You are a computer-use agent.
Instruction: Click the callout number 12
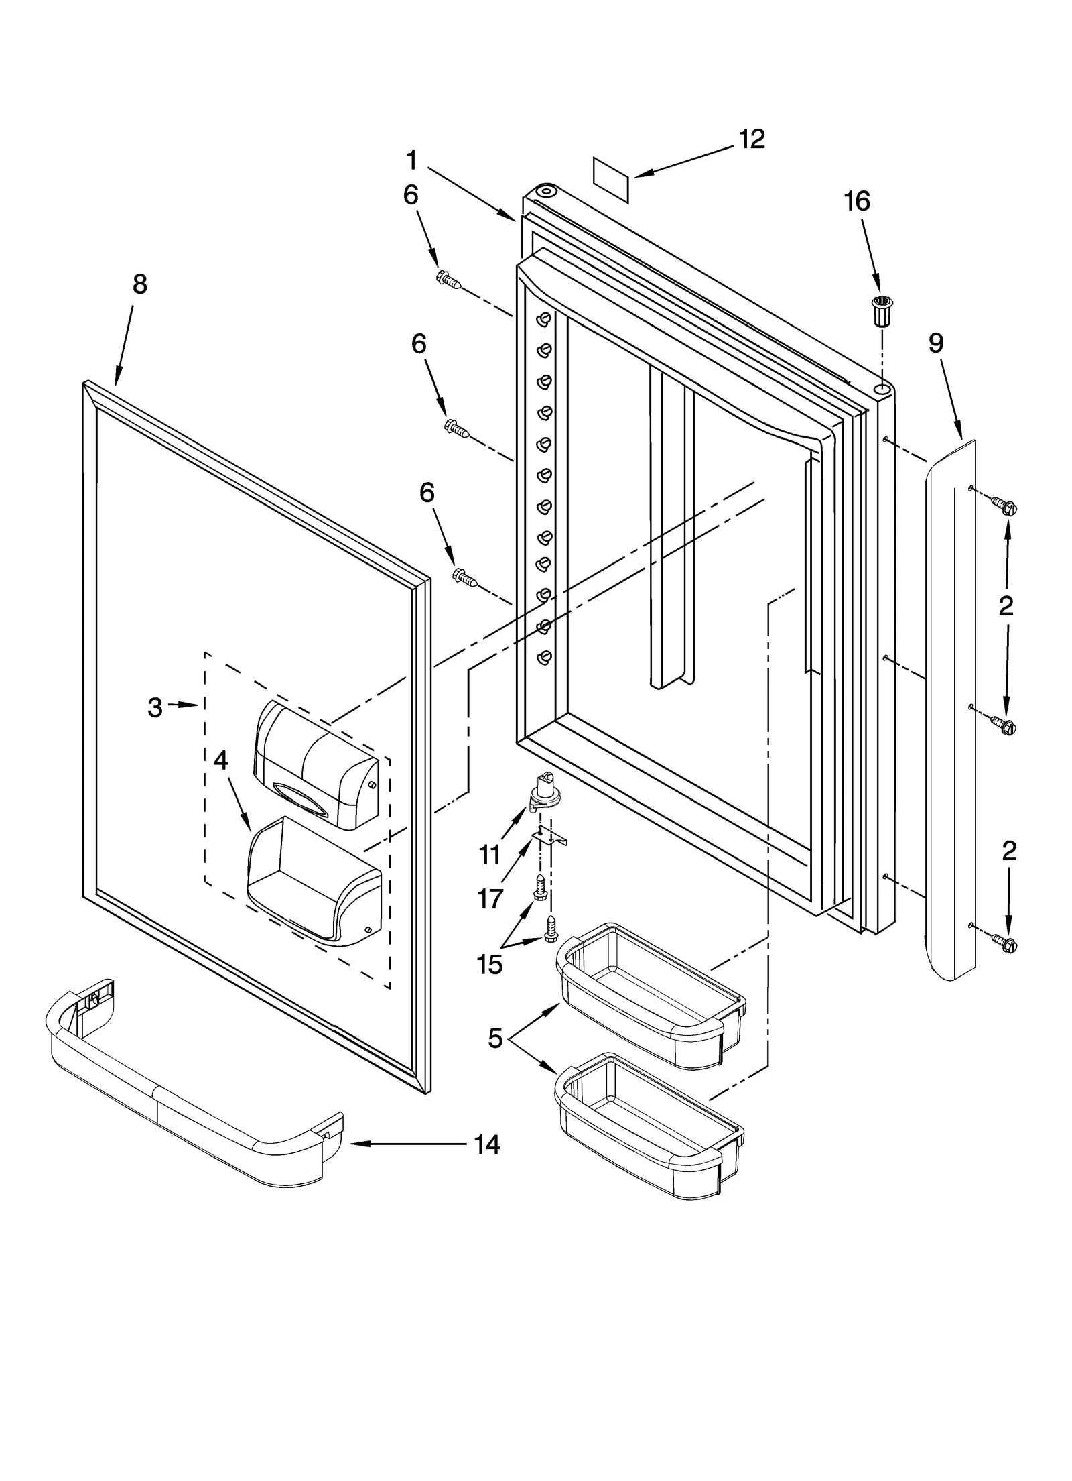point(751,139)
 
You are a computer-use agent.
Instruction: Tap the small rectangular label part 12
point(612,180)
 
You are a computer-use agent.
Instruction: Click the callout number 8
point(139,284)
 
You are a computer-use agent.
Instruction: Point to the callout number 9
point(936,343)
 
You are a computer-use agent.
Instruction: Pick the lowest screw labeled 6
point(465,577)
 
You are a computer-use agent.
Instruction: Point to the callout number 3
point(155,707)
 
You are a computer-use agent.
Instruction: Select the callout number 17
point(490,899)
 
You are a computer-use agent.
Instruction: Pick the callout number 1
point(412,161)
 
